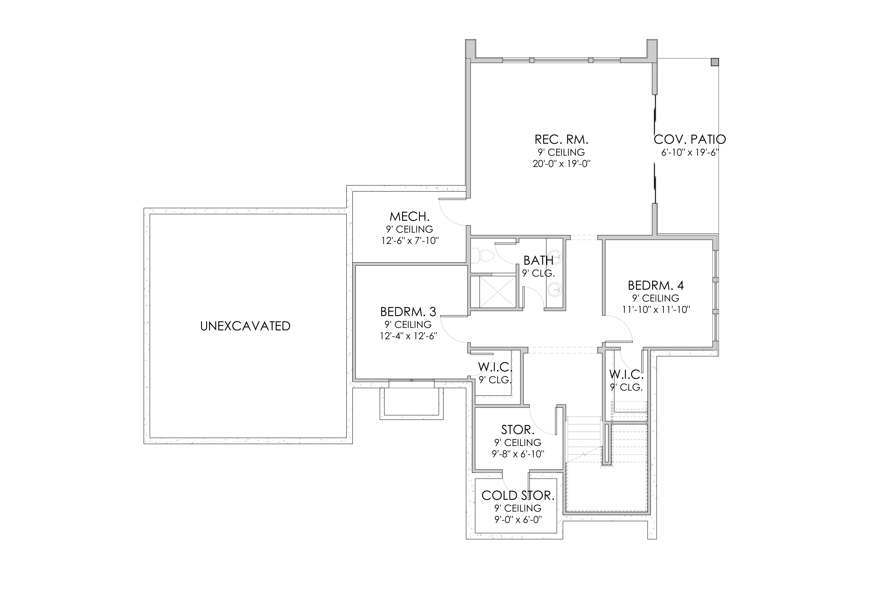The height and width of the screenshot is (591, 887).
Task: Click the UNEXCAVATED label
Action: pyautogui.click(x=245, y=326)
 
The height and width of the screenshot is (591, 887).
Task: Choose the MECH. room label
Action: pyautogui.click(x=409, y=217)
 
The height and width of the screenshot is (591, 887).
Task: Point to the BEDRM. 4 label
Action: pyautogui.click(x=656, y=285)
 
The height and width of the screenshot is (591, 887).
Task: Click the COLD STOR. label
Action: pyautogui.click(x=518, y=495)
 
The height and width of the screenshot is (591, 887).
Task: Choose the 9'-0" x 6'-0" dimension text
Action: pyautogui.click(x=518, y=520)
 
